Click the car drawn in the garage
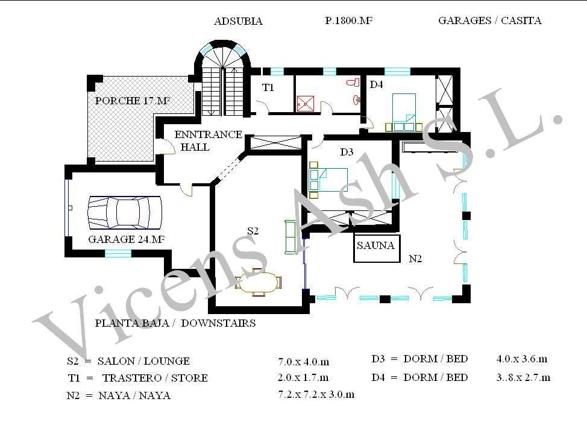[125, 212]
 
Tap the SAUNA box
[377, 248]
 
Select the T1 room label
[268, 87]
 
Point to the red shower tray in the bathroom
[306, 103]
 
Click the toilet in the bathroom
[353, 83]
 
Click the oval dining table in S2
[259, 282]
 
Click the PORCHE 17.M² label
[133, 100]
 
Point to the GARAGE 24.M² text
[127, 239]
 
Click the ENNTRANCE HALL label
[208, 140]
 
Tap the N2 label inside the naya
[415, 259]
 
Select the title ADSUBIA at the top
[238, 21]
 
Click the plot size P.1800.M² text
[348, 20]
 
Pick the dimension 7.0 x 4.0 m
[304, 362]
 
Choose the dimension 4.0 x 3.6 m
[522, 359]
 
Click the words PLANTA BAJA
[132, 323]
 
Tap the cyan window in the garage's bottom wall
[118, 254]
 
